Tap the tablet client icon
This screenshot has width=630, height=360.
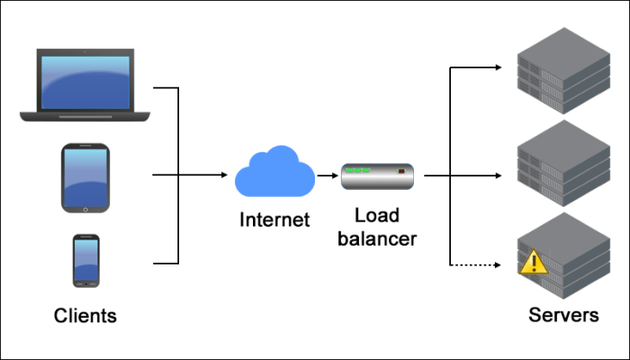click(85, 177)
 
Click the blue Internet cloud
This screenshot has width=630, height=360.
click(274, 172)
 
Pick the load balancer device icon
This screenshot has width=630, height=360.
click(377, 176)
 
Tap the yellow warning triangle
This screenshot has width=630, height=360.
click(534, 263)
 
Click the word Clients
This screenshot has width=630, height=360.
click(85, 316)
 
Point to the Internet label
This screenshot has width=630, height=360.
click(274, 219)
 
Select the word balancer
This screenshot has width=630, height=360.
click(377, 239)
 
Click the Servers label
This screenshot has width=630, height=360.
click(563, 316)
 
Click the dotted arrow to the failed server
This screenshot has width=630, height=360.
click(477, 265)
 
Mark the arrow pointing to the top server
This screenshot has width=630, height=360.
click(477, 67)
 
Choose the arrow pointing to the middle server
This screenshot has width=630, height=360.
click(477, 175)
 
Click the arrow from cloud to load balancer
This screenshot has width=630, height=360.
click(327, 175)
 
